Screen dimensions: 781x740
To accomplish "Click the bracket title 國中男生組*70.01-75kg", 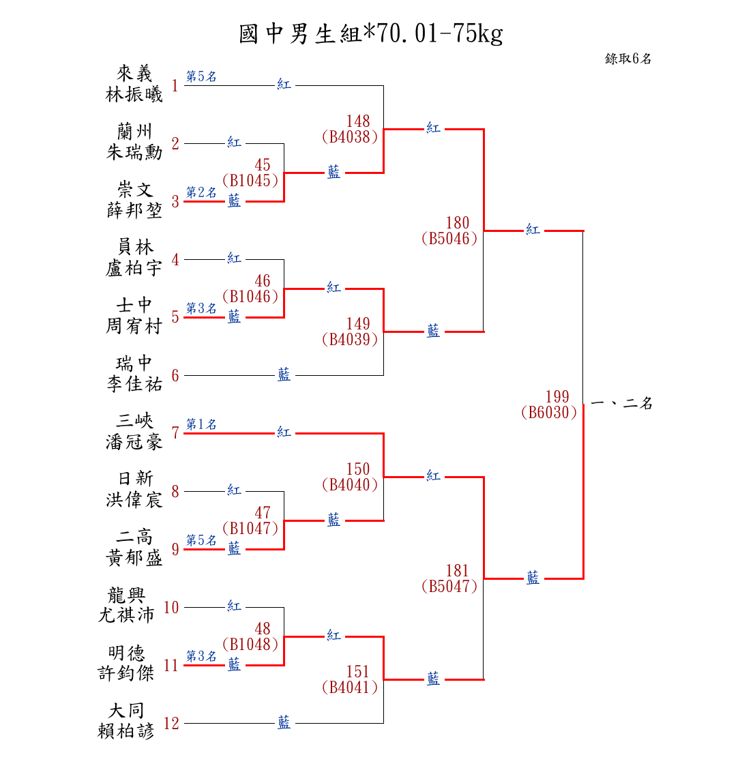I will coord(370,33).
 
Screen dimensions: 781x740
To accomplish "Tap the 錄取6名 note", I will coord(627,59).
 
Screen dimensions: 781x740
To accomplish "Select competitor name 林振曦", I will coord(134,95).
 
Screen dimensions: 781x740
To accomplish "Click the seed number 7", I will coord(175,433).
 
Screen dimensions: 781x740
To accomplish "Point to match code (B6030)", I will coord(549,413).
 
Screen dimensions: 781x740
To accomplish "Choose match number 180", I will coord(458,223).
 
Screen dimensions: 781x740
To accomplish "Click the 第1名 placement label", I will coord(201,425).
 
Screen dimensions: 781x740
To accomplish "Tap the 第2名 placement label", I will coord(201,193).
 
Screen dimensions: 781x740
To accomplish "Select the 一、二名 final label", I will coord(621,404).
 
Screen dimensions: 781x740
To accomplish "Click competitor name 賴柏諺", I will coord(127,732).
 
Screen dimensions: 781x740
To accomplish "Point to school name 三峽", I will coord(134,421).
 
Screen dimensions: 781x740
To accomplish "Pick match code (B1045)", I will coord(251,181).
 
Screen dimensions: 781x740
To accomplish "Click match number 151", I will coord(358,672).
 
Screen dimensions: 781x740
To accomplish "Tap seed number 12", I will coord(172,724).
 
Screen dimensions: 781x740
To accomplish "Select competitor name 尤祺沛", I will coord(127,615).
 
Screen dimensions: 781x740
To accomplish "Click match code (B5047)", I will coord(449,586).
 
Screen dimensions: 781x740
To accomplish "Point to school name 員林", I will coord(134,247).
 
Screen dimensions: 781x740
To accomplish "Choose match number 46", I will coord(263,281).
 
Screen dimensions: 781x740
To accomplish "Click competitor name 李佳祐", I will coord(134,385).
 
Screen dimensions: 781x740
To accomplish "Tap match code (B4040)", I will coord(350,485).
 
